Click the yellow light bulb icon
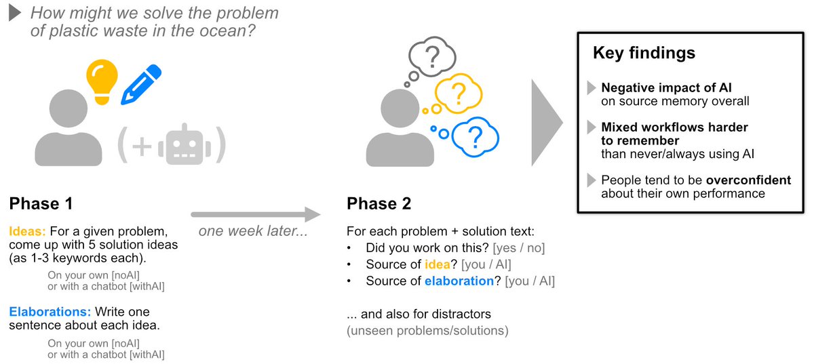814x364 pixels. click(x=102, y=82)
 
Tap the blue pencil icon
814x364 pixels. click(x=141, y=85)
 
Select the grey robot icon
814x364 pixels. click(x=185, y=145)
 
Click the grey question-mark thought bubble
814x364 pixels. click(x=432, y=57)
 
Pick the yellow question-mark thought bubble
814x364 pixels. click(x=459, y=94)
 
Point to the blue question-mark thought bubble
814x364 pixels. click(x=475, y=137)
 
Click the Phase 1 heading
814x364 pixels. click(x=41, y=203)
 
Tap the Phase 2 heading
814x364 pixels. click(x=379, y=203)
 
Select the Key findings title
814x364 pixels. click(x=644, y=53)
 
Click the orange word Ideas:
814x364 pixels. click(x=28, y=231)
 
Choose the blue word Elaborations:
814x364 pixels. click(x=50, y=312)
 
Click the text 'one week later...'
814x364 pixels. click(x=253, y=231)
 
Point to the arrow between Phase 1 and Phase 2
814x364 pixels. click(x=256, y=214)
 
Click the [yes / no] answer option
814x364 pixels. click(x=518, y=248)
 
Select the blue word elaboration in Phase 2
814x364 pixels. click(x=459, y=281)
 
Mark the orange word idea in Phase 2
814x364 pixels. click(x=438, y=264)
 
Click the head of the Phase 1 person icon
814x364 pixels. click(x=69, y=108)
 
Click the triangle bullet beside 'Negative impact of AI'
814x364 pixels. click(x=592, y=87)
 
